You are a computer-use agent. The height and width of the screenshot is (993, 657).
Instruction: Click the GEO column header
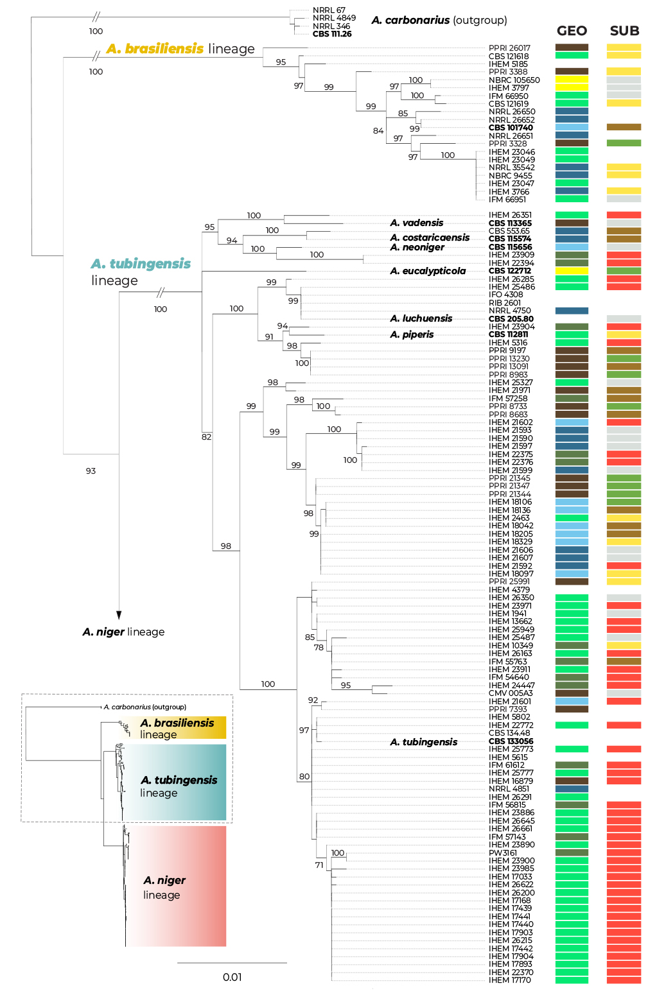[x=572, y=31]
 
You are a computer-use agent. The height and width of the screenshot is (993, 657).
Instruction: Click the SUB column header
[x=624, y=31]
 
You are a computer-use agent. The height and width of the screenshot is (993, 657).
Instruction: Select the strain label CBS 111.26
[x=332, y=34]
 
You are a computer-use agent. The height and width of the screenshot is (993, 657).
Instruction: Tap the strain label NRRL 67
[x=329, y=10]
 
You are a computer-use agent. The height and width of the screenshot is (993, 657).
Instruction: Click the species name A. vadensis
[x=417, y=223]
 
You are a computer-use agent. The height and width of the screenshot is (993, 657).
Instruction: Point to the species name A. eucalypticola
[x=428, y=271]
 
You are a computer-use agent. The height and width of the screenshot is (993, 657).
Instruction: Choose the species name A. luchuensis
[x=421, y=318]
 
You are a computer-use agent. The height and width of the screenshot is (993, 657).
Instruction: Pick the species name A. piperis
[x=412, y=334]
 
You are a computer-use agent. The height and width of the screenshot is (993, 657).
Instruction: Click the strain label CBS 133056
[x=511, y=741]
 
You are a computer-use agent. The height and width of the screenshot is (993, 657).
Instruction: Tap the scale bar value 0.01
[x=232, y=977]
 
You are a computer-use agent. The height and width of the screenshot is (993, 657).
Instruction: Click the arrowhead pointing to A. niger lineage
[x=119, y=615]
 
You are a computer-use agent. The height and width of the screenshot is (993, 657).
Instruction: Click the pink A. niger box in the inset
[x=176, y=886]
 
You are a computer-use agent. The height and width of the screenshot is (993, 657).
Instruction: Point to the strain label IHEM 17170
[x=510, y=980]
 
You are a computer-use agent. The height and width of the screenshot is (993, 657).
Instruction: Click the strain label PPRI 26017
[x=509, y=48]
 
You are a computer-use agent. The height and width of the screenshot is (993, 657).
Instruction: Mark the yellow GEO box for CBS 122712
[x=572, y=271]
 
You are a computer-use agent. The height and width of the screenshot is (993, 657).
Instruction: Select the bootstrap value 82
[x=206, y=436]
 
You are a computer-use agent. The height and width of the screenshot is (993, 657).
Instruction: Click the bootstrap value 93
[x=91, y=471]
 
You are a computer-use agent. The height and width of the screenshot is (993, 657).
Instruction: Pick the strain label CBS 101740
[x=511, y=128]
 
